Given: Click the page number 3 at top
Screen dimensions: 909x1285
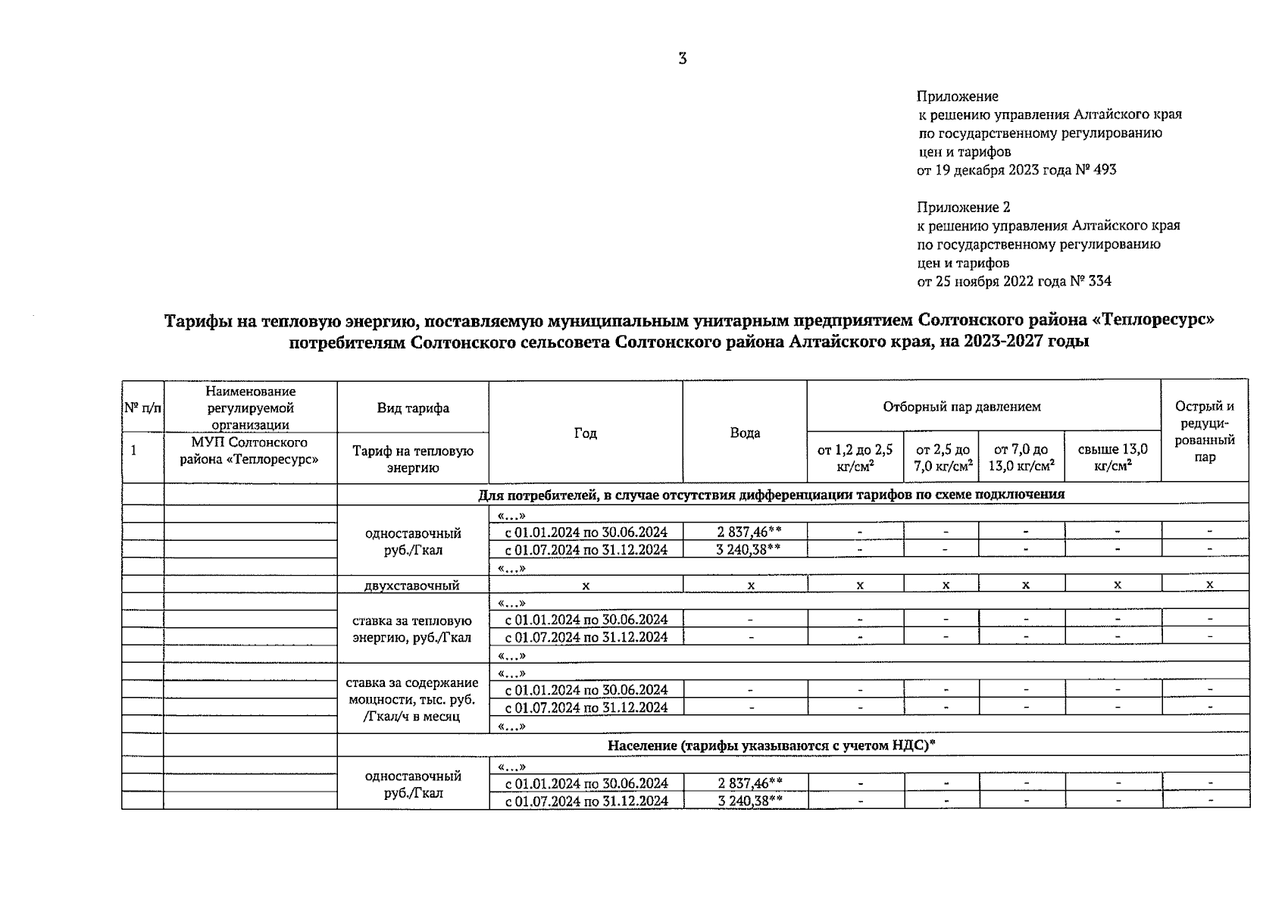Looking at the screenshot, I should [x=683, y=59].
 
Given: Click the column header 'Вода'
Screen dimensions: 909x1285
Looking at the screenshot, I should [x=745, y=433].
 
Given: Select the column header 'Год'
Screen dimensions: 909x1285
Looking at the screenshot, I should [x=585, y=433].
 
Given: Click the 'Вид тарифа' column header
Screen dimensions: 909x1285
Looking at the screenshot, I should [x=413, y=408].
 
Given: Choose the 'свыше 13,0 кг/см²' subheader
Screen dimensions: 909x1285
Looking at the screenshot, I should [x=1112, y=457].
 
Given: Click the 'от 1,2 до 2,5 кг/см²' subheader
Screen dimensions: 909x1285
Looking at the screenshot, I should [x=855, y=457].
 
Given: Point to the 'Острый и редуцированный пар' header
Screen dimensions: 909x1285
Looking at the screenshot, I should [x=1204, y=431].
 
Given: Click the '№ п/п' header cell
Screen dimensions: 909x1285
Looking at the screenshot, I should [x=142, y=408].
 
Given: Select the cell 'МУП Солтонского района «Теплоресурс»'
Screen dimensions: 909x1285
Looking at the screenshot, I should [x=249, y=450].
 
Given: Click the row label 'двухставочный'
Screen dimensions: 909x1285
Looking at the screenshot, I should [x=412, y=585].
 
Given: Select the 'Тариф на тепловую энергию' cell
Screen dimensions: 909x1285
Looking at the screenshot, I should [x=412, y=459].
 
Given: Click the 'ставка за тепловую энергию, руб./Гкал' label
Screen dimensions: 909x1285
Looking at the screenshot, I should [x=412, y=629].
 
